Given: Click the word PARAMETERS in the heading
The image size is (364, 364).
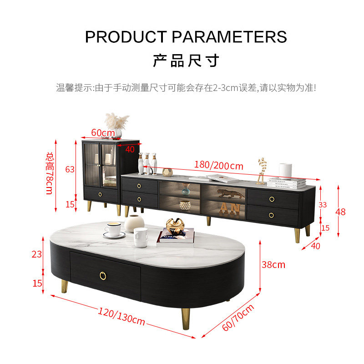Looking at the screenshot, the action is coord(229,36).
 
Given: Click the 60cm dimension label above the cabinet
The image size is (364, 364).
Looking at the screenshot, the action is coord(103,132).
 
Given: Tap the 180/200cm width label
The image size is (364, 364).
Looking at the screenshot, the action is coord(218,165).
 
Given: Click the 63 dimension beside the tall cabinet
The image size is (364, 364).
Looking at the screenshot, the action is coord(70,170).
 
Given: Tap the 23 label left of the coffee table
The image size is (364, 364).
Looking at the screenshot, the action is coord(37,254).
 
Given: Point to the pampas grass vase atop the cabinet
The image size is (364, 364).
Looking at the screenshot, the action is coord(116,125).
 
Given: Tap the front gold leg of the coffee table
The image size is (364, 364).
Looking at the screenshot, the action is coord(186,320).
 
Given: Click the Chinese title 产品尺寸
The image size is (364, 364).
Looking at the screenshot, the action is coord(186,61).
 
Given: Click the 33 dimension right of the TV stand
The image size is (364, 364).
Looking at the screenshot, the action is coord(323,205).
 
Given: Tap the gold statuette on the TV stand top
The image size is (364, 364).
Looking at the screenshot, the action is coord(261,171).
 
